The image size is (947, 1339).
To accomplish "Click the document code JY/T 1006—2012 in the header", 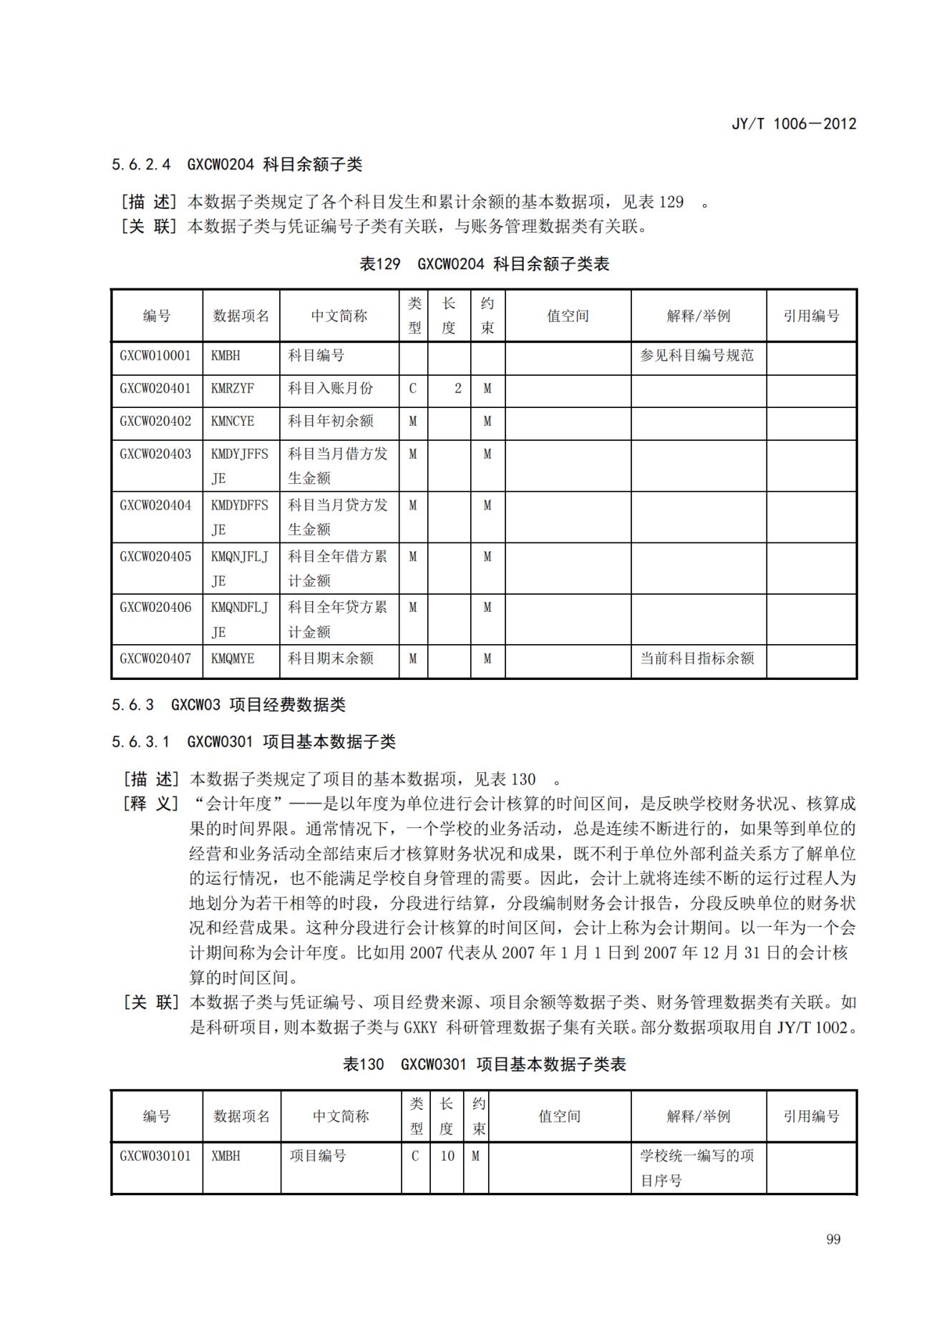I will click(793, 124).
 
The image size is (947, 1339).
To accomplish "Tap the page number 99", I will click(832, 1240).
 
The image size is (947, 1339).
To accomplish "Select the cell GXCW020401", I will click(155, 389).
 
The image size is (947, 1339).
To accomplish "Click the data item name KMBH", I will click(225, 356).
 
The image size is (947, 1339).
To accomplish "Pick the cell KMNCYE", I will click(233, 422).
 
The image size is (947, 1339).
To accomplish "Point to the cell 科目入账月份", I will click(330, 389).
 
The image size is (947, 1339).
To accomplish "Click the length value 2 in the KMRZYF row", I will click(457, 389).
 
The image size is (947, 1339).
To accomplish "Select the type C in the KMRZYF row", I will click(412, 389).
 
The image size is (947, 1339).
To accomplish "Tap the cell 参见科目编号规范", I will click(696, 356).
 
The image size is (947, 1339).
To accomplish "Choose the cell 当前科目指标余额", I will click(696, 658).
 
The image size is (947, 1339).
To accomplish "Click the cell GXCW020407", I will click(155, 658).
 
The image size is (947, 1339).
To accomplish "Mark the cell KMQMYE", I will click(233, 658).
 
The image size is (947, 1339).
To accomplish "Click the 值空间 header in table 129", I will click(568, 316).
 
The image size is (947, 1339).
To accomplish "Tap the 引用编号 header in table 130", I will click(811, 1116).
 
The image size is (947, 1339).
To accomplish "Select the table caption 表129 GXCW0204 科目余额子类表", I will click(484, 264).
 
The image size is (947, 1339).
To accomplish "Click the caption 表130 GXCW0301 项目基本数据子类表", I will click(484, 1064).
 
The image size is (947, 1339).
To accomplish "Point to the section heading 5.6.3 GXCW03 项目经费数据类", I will click(228, 705).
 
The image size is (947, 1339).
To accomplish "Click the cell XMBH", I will click(225, 1156).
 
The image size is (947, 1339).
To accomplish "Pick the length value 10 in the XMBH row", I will click(447, 1156).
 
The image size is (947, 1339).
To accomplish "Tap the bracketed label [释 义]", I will click(150, 804).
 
